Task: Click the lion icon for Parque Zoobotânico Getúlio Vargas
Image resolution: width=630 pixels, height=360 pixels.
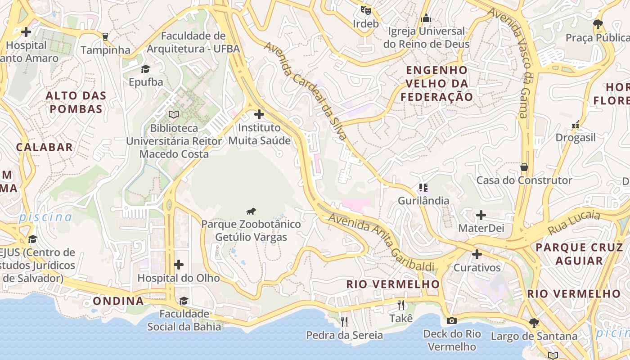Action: tap(251, 211)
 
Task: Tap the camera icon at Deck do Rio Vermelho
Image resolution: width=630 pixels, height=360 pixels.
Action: tap(451, 320)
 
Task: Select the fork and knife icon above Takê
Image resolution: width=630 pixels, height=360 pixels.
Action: tap(401, 305)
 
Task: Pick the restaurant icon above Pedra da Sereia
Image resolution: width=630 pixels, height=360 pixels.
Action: tap(344, 321)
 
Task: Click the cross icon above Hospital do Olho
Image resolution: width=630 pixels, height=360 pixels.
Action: tap(179, 265)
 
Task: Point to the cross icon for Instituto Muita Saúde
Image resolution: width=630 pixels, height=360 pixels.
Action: tap(259, 114)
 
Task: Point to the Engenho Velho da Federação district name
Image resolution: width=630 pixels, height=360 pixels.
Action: tap(437, 84)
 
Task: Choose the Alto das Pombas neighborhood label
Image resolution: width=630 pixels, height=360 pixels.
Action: tap(76, 102)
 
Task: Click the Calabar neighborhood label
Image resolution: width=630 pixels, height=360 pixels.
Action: tap(45, 147)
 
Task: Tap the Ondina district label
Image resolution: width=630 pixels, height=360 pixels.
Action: tap(118, 301)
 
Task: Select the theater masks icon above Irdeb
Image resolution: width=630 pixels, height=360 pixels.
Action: tap(365, 9)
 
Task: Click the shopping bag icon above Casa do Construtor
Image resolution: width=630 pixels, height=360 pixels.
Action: tap(524, 167)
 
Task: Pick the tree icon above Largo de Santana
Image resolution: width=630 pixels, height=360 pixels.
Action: tap(534, 322)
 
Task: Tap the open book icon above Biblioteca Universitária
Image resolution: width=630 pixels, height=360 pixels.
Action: tap(174, 114)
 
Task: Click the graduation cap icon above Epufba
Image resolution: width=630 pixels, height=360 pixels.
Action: tap(145, 69)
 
